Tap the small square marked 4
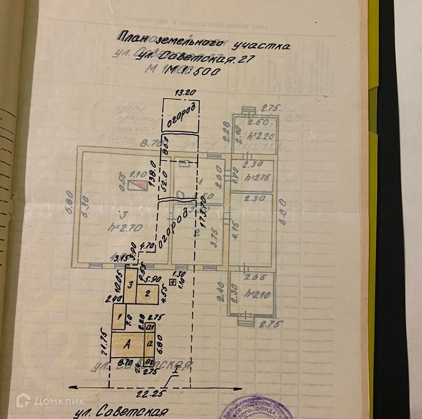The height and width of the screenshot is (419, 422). [172, 282]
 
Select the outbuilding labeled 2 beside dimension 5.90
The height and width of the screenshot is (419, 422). [147, 294]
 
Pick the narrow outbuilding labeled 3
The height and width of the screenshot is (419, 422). [131, 285]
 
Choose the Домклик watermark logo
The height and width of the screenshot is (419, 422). [50, 401]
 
